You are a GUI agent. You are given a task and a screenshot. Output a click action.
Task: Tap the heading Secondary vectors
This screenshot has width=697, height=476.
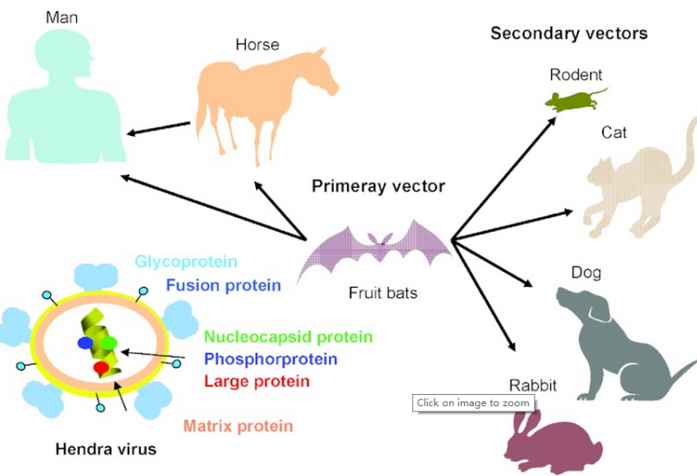click(x=568, y=34)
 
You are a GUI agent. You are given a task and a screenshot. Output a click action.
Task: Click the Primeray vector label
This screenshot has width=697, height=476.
click(x=379, y=185)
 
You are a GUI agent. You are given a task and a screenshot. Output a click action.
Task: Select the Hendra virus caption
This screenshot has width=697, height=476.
click(x=105, y=448)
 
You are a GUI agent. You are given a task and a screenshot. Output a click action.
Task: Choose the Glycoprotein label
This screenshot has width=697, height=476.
click(x=185, y=261)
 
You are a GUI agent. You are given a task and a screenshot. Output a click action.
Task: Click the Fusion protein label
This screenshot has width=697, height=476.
click(x=223, y=285)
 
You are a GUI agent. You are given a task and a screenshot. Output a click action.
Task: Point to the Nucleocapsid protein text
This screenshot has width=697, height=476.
click(x=288, y=336)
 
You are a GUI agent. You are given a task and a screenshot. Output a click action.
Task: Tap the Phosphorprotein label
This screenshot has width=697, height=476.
click(x=270, y=359)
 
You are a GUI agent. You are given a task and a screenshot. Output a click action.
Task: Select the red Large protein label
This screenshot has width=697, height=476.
click(x=257, y=381)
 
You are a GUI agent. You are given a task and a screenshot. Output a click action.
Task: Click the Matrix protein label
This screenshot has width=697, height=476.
click(x=238, y=426)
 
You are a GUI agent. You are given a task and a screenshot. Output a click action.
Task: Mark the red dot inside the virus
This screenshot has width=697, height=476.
click(x=101, y=369)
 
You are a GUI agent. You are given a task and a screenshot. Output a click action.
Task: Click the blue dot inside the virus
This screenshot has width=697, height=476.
click(x=85, y=343)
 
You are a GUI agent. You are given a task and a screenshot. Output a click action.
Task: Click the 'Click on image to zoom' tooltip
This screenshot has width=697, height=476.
click(x=473, y=403)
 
